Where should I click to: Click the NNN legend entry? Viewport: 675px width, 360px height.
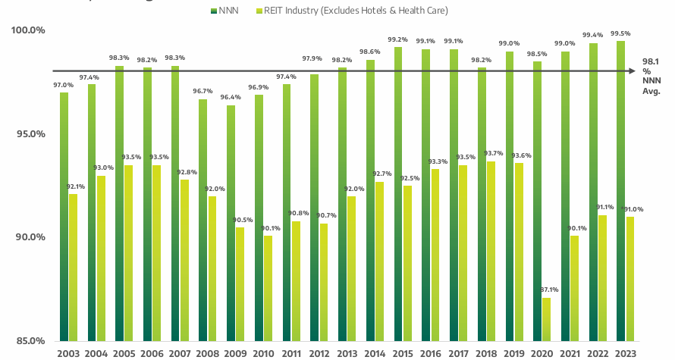pyautogui.click(x=226, y=10)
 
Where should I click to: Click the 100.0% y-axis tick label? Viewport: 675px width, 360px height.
pyautogui.click(x=28, y=30)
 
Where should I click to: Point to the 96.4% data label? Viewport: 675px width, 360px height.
pyautogui.click(x=231, y=98)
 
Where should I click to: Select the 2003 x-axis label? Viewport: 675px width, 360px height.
pyautogui.click(x=69, y=352)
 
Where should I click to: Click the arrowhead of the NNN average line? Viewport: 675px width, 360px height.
pyautogui.click(x=630, y=71)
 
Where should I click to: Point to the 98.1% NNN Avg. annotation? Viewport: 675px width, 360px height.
pyautogui.click(x=651, y=76)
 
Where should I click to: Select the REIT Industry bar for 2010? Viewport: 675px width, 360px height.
pyautogui.click(x=268, y=288)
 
